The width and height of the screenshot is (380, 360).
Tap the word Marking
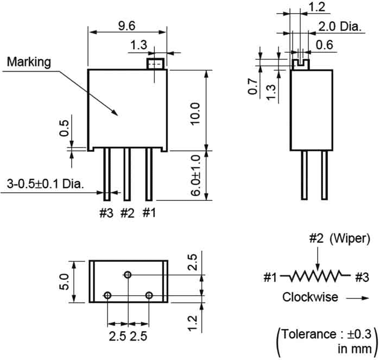coord(28,62)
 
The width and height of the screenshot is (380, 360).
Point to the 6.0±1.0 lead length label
coord(196,174)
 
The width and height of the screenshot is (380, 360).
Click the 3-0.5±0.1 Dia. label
coord(46,184)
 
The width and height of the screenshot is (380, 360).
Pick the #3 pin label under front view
coord(106,213)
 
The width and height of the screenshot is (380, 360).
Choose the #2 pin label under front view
coord(127,213)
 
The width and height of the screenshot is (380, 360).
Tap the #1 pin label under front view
coord(149,213)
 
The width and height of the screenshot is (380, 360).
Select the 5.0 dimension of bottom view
coord(65,281)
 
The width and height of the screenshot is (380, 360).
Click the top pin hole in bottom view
coord(128,275)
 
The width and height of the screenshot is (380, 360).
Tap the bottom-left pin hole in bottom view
coord(107,295)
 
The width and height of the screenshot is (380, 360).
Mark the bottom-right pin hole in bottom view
coord(148,295)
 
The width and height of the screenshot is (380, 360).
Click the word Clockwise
coord(310,297)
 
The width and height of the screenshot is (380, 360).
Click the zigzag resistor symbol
coord(318,277)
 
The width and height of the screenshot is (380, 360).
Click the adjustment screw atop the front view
coord(155,64)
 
